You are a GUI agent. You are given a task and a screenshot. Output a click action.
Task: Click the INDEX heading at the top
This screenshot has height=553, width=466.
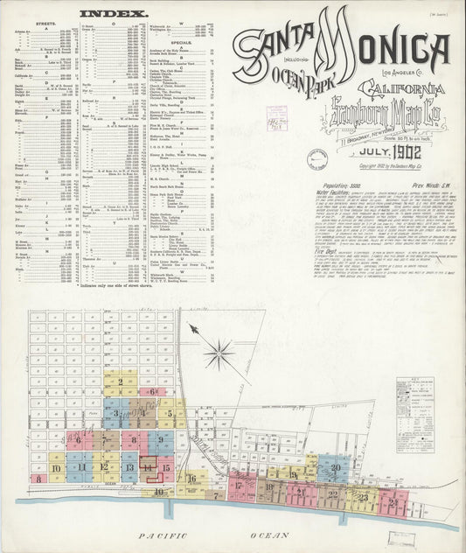point(104,14)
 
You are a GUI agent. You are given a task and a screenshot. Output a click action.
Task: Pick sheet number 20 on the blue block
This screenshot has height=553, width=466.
point(337,469)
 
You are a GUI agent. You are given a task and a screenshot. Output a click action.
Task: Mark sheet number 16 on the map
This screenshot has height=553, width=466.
point(191,479)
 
